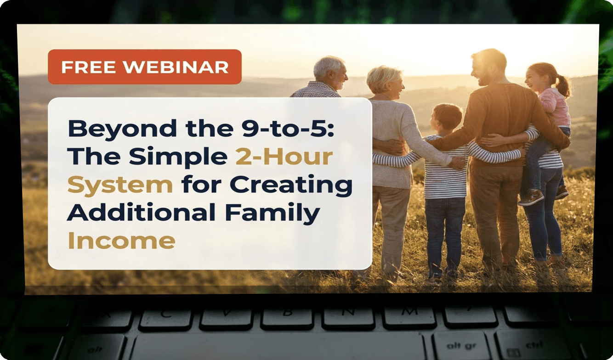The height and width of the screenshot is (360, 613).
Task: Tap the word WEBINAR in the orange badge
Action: pos(176,67)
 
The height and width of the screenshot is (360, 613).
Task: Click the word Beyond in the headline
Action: pos(122,129)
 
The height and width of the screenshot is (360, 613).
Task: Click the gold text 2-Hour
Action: pos(284,157)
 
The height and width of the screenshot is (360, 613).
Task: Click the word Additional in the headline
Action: pos(141,212)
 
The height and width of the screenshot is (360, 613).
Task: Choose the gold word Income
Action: pos(121,241)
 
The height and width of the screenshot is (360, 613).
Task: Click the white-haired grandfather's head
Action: pos(330,72)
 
